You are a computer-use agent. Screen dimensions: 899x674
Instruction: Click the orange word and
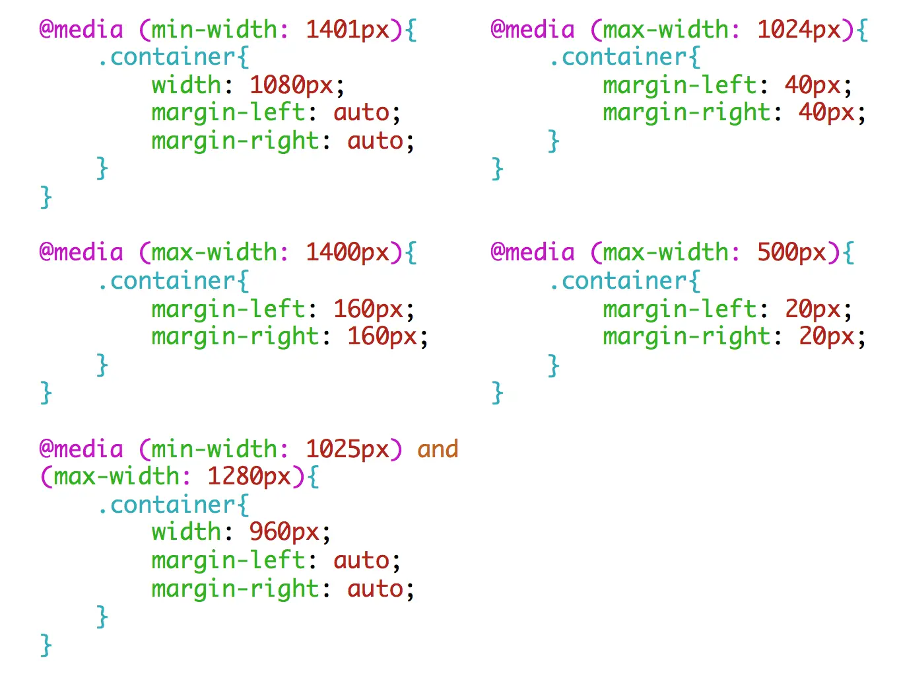(x=438, y=449)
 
